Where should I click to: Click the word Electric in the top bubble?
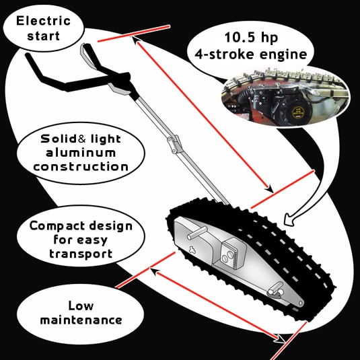coord(43,21)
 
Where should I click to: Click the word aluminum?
coord(81,153)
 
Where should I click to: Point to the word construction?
coord(81,167)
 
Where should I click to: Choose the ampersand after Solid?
coord(82,139)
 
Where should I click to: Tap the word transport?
coord(81,254)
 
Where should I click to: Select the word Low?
coord(81,305)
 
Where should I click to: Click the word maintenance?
coord(81,320)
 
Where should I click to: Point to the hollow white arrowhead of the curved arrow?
coord(289,220)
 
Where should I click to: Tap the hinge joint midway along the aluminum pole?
coord(175,145)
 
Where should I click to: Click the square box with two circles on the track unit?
coord(233,252)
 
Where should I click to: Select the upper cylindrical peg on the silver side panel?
coord(197,232)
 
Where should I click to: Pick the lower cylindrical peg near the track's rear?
coord(276,289)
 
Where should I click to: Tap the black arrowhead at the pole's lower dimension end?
coord(269,189)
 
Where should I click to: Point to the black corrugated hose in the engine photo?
coord(245,97)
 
